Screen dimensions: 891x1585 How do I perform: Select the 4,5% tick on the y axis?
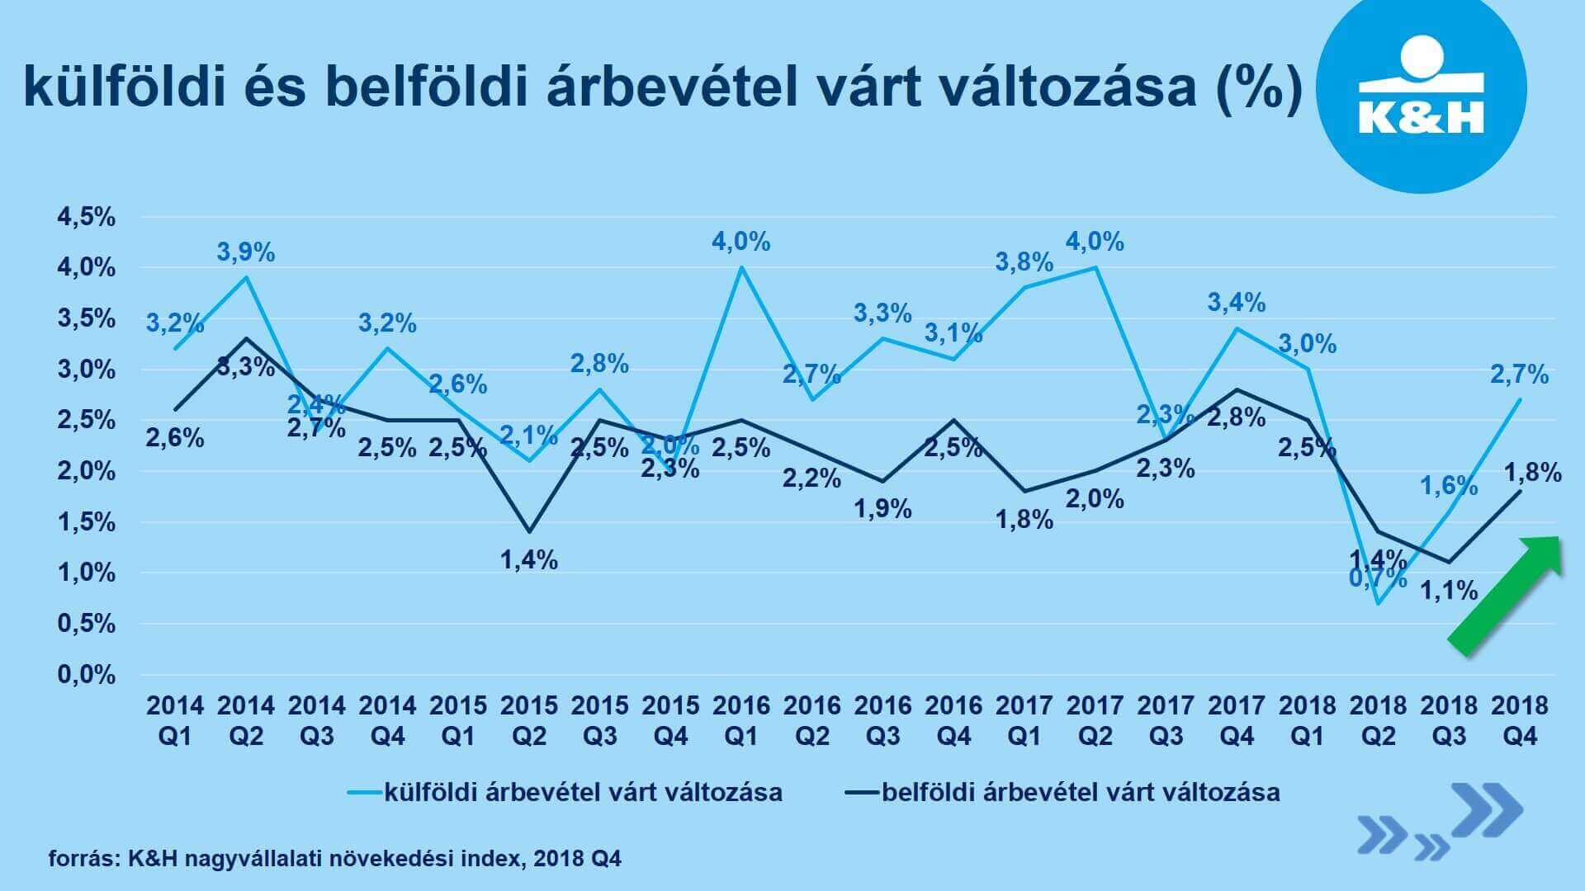tap(86, 218)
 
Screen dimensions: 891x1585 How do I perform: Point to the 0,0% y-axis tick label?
tap(86, 676)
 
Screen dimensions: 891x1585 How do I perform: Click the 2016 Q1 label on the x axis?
tap(741, 720)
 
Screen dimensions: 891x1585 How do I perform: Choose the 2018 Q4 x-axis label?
tap(1520, 720)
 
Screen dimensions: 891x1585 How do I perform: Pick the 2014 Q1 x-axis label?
tap(175, 720)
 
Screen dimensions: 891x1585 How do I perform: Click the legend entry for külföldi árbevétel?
tap(565, 793)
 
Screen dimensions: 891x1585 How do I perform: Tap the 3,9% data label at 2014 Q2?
tap(246, 252)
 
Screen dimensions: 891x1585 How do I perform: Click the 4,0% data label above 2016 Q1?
tap(741, 243)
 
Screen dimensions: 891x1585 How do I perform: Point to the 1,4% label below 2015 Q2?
tap(529, 561)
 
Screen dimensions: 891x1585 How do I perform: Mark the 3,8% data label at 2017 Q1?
tap(1024, 263)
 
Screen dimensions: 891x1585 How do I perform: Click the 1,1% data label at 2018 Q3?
tap(1449, 591)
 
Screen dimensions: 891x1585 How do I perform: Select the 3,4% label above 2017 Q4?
tap(1237, 303)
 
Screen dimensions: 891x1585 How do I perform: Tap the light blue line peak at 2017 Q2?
tap(1095, 267)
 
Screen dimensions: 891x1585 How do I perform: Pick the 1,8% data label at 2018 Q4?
tap(1533, 474)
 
